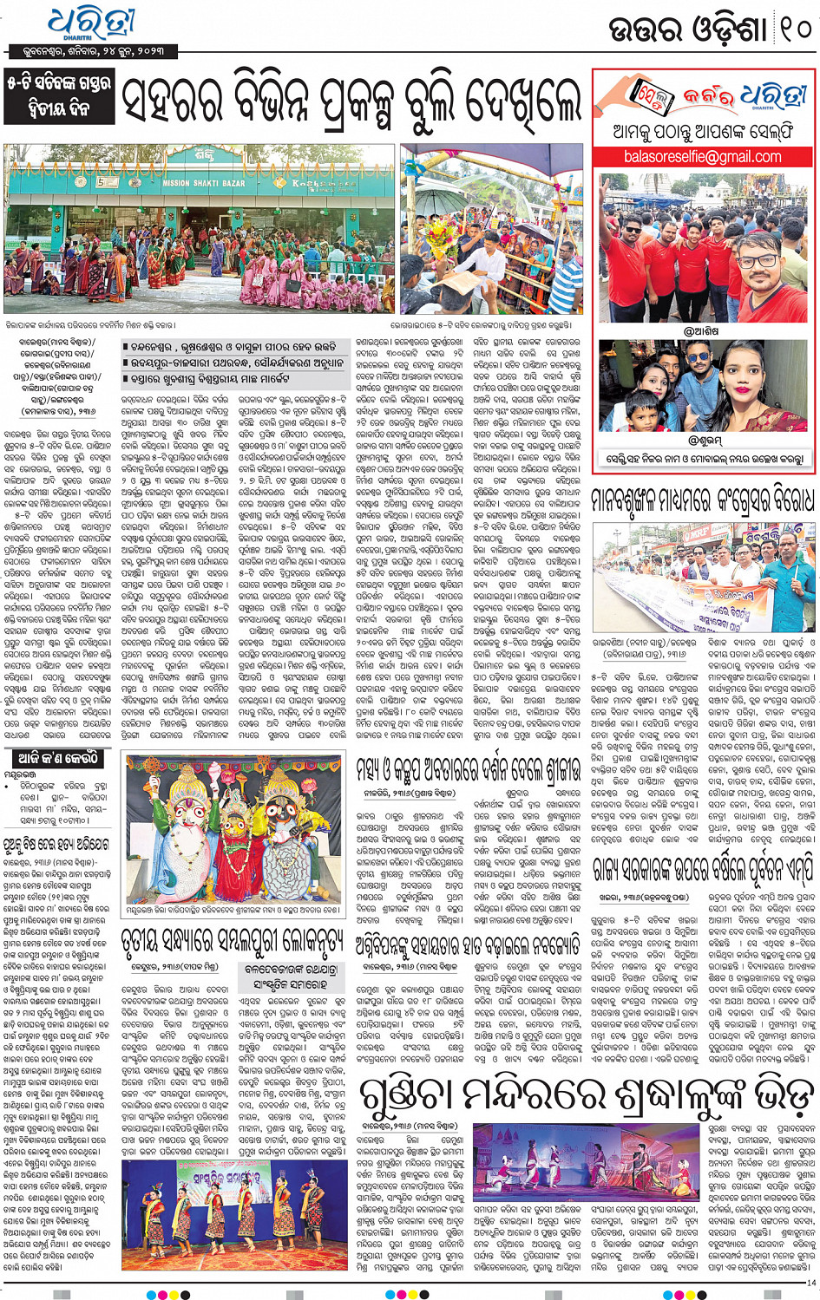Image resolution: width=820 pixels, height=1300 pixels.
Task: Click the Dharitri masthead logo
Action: click(90, 23)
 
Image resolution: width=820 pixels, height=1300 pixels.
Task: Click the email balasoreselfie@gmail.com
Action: click(702, 157)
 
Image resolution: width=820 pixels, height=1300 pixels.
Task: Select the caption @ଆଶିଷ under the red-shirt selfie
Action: click(703, 330)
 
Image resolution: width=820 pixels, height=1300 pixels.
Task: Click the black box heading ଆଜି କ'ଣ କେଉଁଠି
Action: click(55, 759)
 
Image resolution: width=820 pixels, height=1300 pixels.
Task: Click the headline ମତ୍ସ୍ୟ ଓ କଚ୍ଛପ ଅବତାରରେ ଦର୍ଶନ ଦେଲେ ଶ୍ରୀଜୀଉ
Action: click(469, 769)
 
